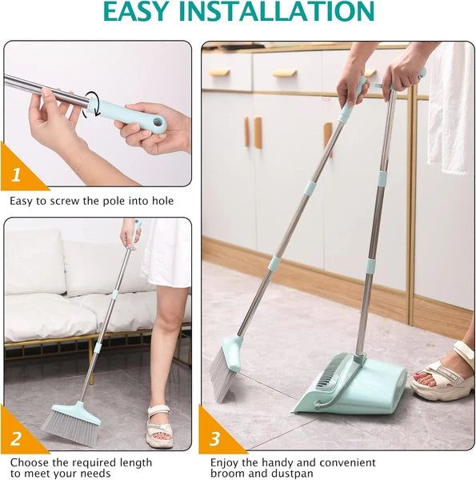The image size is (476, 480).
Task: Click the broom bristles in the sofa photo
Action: tap(71, 428)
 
